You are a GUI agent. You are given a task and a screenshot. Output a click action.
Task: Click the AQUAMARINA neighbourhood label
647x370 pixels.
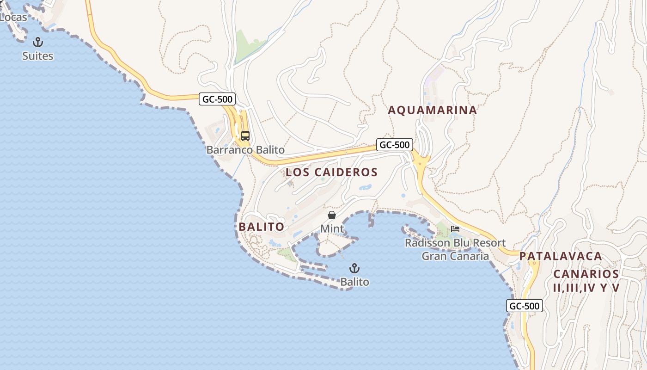432,110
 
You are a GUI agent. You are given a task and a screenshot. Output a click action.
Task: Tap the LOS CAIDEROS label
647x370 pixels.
331,173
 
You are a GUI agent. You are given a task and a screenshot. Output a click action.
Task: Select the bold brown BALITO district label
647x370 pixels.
261,227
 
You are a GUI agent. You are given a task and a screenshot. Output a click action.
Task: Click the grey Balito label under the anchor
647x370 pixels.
354,282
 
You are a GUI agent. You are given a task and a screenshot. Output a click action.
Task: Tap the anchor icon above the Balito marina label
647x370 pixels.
354,268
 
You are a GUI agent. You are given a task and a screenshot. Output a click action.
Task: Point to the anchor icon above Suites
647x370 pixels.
38,43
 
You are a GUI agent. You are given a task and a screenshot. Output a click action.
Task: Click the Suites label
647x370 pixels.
38,56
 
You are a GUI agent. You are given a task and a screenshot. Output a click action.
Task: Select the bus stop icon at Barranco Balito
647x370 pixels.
245,136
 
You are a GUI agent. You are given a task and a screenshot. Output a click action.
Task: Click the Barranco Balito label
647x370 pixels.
245,150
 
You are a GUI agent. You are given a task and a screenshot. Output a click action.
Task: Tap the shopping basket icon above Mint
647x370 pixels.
332,215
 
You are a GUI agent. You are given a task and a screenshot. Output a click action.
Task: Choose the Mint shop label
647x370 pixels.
332,228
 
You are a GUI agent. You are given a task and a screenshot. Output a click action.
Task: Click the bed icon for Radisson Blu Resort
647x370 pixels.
455,229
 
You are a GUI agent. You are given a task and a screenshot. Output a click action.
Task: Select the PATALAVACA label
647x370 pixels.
561,256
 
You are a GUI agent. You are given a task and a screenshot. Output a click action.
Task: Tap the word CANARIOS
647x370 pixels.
586,274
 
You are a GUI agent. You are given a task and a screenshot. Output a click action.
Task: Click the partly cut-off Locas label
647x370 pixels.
13,17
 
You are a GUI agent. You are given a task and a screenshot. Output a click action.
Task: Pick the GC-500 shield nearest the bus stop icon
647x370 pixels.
217,99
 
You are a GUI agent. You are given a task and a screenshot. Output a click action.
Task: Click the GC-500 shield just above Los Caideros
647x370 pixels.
394,145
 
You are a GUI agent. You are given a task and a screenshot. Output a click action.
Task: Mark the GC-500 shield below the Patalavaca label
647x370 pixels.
525,306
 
